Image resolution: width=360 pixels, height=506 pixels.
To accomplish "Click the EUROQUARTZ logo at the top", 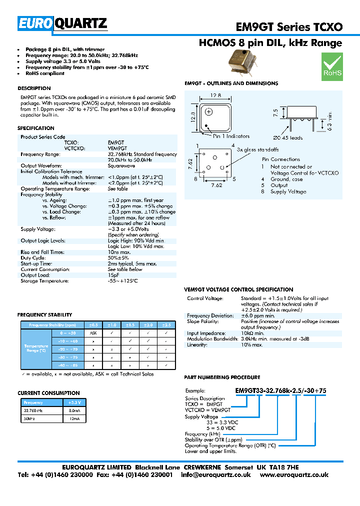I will (63, 23).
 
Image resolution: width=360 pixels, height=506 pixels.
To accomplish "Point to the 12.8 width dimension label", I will (215, 95).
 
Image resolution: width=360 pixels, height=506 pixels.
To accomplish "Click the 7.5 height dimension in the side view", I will (274, 112).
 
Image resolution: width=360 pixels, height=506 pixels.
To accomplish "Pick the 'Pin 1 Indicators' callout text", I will (231, 136).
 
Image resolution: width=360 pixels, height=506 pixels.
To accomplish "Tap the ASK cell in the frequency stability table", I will (93, 332).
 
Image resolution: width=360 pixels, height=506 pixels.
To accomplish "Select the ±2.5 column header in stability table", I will (166, 324).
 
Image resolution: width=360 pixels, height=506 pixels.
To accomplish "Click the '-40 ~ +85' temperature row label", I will (67, 365).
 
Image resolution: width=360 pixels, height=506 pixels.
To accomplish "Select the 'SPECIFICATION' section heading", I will (36, 128).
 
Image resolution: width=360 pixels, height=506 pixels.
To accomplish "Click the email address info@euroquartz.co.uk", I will (216, 475).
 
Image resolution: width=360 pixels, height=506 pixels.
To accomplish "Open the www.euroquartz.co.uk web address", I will (294, 475).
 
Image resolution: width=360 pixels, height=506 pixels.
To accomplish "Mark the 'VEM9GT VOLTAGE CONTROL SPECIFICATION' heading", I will (239, 289).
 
